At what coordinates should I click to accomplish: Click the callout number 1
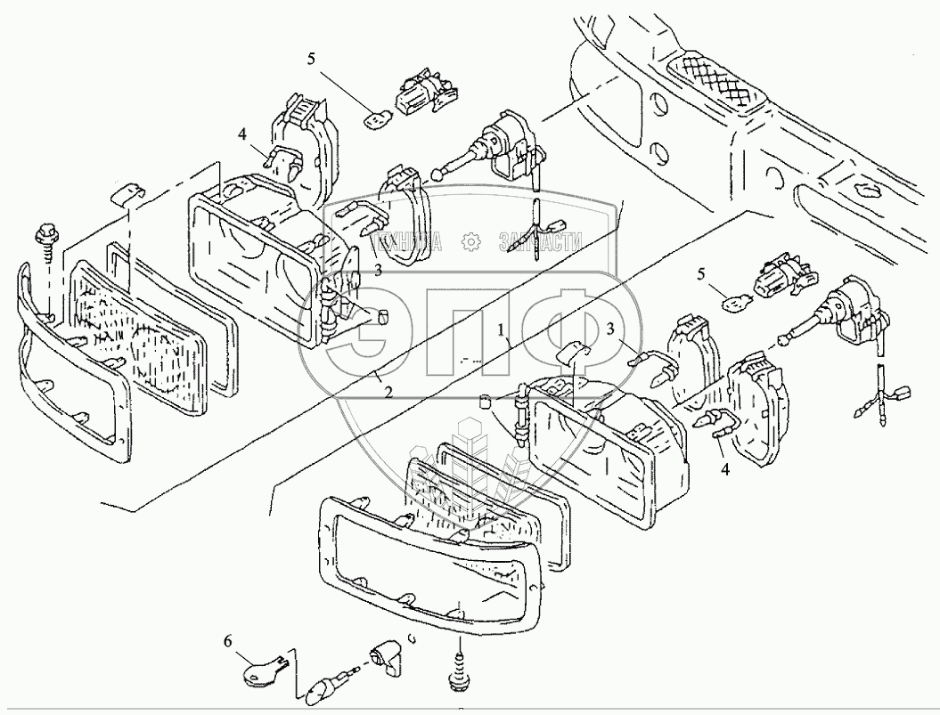(503, 330)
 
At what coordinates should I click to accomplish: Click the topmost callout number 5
(310, 61)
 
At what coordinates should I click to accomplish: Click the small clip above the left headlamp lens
(130, 192)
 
